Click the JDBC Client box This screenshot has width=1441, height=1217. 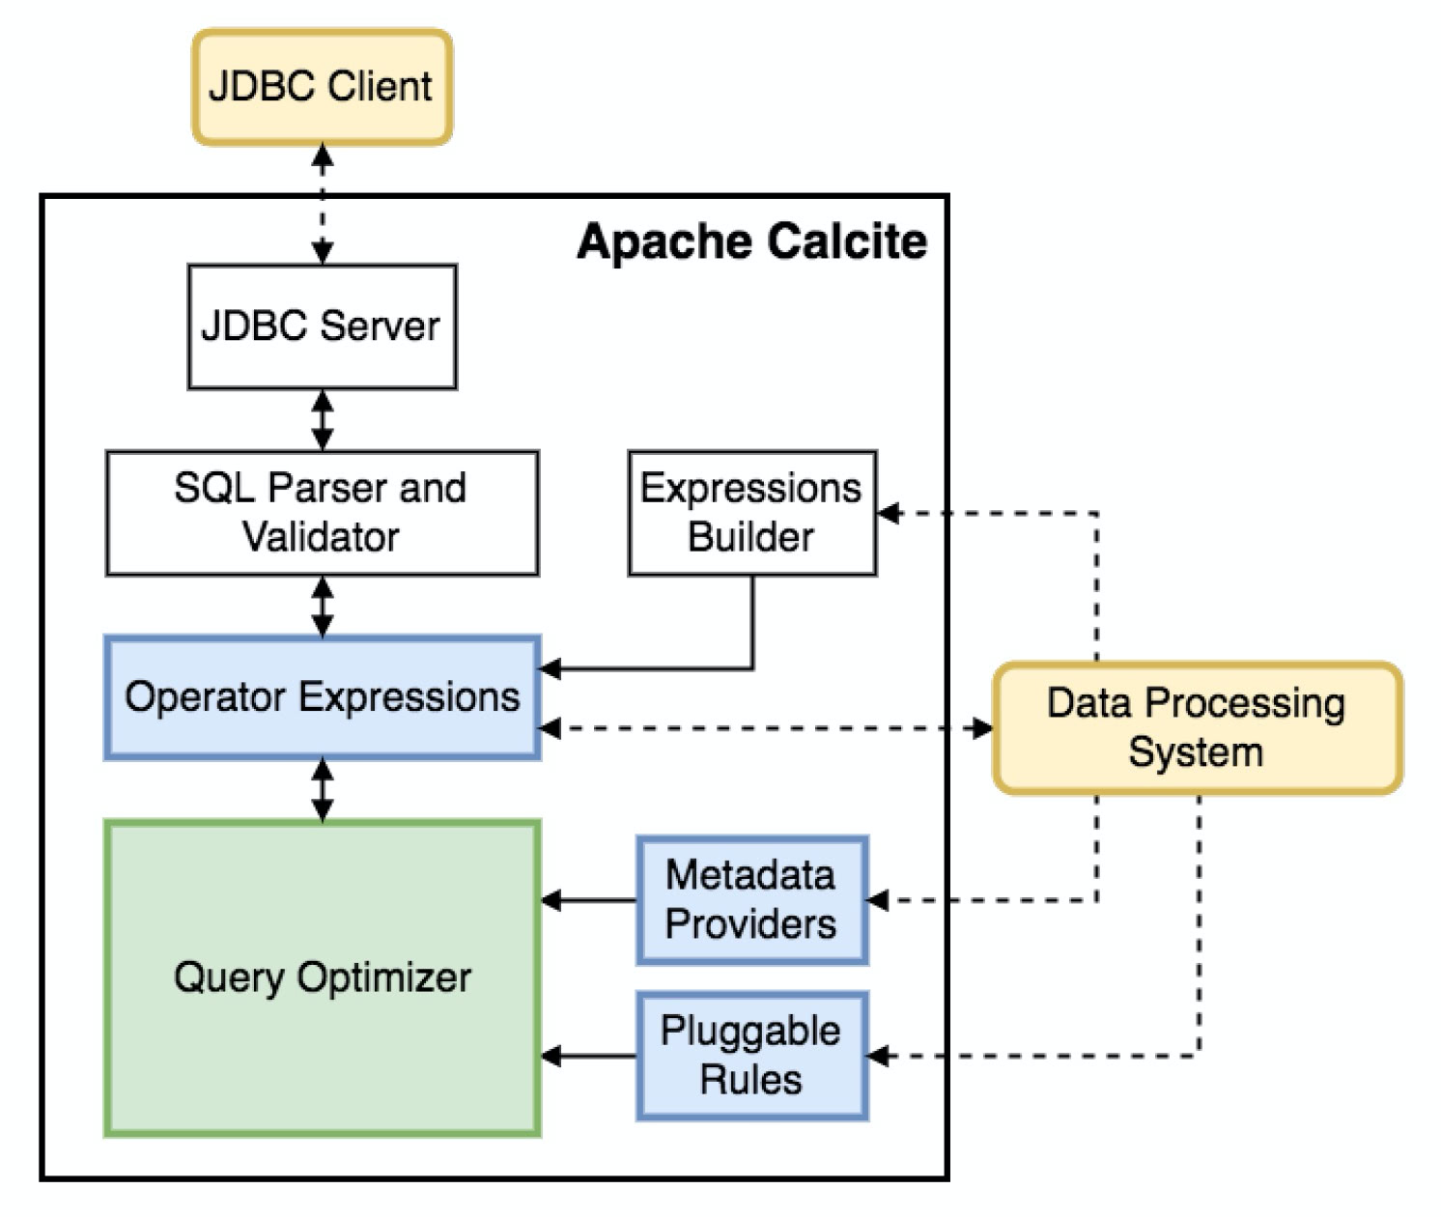(x=322, y=87)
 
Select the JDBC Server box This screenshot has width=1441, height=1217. (x=322, y=326)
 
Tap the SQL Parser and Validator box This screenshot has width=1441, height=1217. (x=322, y=513)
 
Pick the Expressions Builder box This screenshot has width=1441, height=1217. (x=751, y=513)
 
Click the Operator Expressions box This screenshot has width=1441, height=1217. (x=322, y=697)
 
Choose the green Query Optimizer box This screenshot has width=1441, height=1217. (x=322, y=977)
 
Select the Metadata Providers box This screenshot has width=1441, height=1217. (x=751, y=900)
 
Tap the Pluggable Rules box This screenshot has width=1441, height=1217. (x=751, y=1056)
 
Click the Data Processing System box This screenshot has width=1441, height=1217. (x=1197, y=728)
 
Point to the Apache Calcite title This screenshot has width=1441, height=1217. (x=751, y=241)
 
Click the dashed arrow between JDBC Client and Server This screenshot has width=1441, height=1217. (x=323, y=204)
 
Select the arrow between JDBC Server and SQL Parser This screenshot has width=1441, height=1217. (x=323, y=420)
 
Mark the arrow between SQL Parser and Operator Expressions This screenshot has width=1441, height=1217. (x=323, y=607)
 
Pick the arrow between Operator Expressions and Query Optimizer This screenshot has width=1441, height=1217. (x=323, y=790)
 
